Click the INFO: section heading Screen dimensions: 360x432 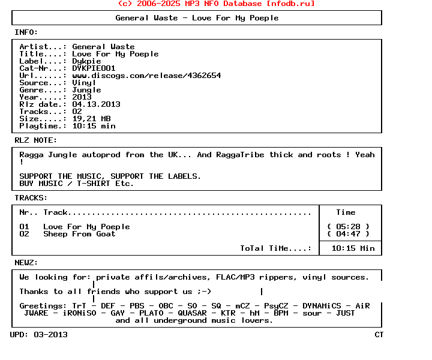click(26, 32)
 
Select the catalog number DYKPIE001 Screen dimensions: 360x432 click(94, 68)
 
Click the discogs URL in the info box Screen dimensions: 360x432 click(146, 76)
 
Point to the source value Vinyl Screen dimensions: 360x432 click(84, 83)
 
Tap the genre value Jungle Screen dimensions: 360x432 click(86, 90)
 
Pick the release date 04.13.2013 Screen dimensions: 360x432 click(96, 104)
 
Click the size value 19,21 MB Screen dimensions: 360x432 click(91, 119)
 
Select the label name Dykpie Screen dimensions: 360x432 click(86, 61)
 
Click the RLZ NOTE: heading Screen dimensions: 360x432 click(36, 140)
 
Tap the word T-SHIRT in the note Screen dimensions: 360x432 click(94, 184)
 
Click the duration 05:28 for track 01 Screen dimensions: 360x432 click(348, 227)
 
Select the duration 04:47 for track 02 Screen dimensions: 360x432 click(348, 234)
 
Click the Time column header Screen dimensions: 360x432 click(346, 212)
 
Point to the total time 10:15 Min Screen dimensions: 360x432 click(353, 248)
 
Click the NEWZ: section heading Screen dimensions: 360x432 click(26, 263)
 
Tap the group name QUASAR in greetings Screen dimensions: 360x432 click(192, 313)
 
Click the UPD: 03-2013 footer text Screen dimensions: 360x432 click(38, 335)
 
